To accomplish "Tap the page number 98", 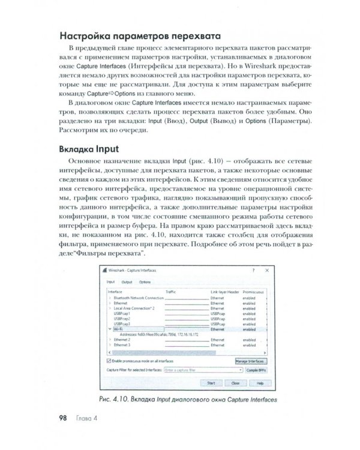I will click(62, 417).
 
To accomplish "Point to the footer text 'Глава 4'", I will click(85, 417).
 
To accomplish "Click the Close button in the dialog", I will click(235, 382).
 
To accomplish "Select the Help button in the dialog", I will click(259, 382).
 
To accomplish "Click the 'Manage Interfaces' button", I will click(250, 362).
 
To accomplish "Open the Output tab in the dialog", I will click(127, 281).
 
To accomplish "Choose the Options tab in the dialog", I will click(145, 281).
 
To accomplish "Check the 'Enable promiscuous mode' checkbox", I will click(109, 362).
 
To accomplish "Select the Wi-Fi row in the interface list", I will click(120, 329).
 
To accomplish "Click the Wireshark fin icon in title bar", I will click(107, 271).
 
